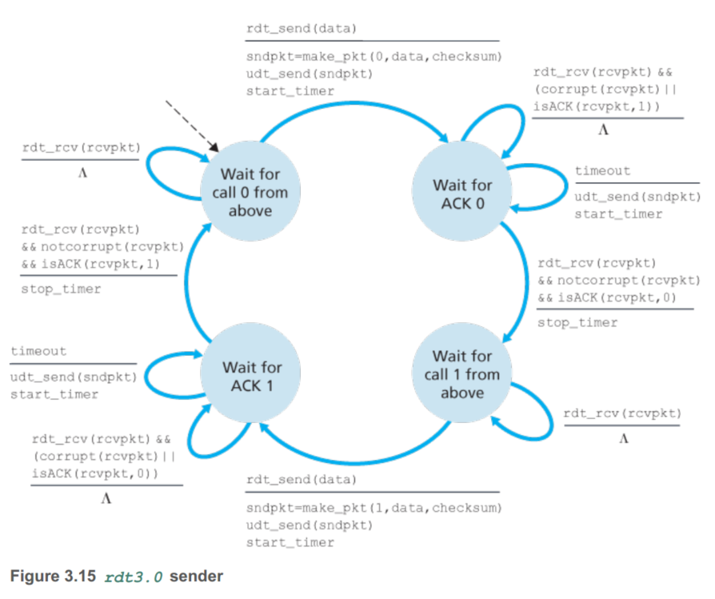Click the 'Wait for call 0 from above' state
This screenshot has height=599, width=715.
click(x=250, y=192)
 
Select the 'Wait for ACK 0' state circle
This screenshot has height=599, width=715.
click(x=462, y=194)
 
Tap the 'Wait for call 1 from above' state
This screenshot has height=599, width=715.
click(x=462, y=374)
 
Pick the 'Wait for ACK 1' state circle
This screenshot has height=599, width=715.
click(x=252, y=376)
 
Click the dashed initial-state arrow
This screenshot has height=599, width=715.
click(x=192, y=125)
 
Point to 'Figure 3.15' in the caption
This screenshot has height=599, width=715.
click(x=52, y=575)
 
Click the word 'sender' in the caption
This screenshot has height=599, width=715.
click(x=196, y=575)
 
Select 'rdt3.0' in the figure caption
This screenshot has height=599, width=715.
click(x=134, y=576)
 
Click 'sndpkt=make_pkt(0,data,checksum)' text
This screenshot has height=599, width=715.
click(x=373, y=57)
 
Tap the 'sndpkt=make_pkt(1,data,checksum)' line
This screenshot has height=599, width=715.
click(x=373, y=508)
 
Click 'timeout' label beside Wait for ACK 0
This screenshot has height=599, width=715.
click(x=602, y=170)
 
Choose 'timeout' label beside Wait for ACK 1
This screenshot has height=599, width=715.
click(x=38, y=351)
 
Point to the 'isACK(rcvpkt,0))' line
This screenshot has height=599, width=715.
click(x=94, y=473)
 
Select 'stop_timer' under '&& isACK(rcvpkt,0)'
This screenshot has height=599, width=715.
click(x=577, y=322)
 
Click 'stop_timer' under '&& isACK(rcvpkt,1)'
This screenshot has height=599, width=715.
click(x=61, y=289)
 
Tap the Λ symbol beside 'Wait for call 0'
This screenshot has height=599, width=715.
click(x=82, y=173)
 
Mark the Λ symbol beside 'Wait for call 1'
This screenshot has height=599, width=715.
click(x=623, y=439)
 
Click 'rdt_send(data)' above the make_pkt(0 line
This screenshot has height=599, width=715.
click(x=301, y=29)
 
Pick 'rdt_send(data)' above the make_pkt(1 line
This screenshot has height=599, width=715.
click(x=301, y=480)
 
